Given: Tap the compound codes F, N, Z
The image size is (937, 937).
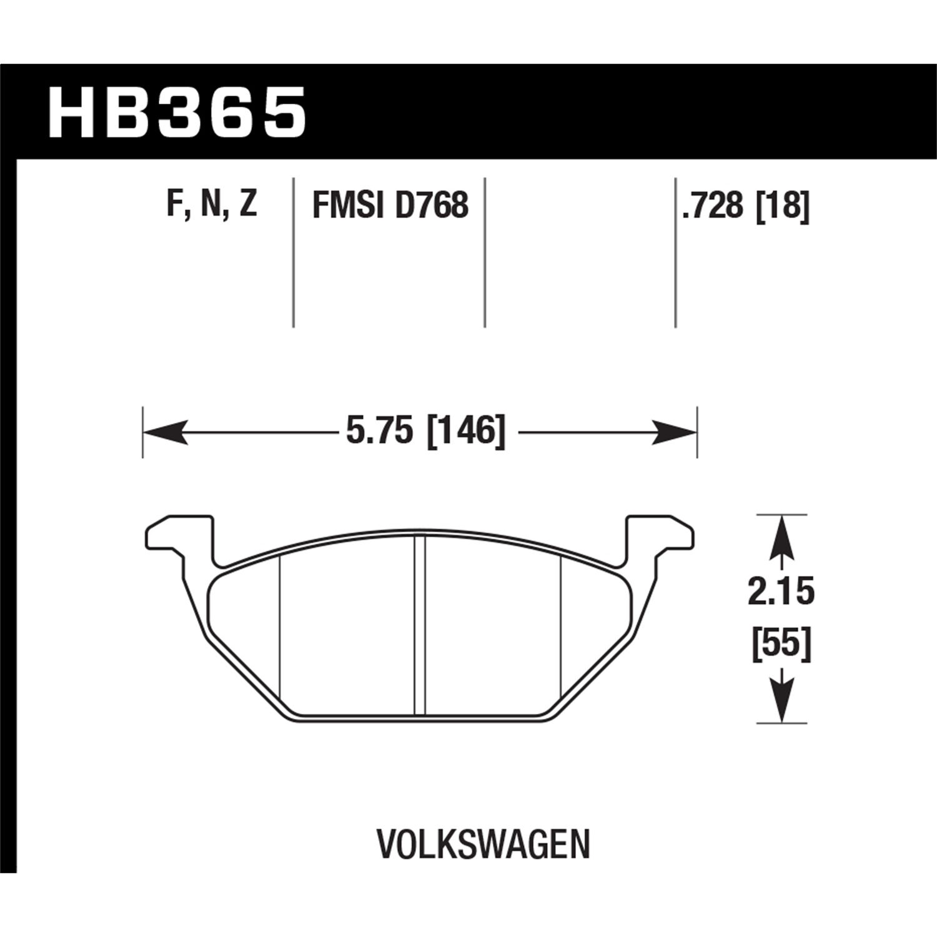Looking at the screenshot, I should (212, 204).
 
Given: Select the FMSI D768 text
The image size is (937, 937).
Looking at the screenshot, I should (390, 205).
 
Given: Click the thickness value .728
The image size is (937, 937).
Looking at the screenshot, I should (713, 205).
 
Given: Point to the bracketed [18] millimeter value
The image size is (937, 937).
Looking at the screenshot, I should (783, 205).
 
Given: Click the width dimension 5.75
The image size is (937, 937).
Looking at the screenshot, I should (380, 431).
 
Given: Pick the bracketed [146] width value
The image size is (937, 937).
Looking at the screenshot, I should (465, 431).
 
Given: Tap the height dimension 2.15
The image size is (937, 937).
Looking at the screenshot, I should (781, 591).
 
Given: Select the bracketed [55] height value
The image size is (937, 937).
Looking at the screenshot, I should (781, 643).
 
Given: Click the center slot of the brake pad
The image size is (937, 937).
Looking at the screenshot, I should (420, 625).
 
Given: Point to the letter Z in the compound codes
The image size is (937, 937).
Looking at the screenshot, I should (247, 204).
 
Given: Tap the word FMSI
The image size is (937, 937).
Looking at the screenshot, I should (347, 205).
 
